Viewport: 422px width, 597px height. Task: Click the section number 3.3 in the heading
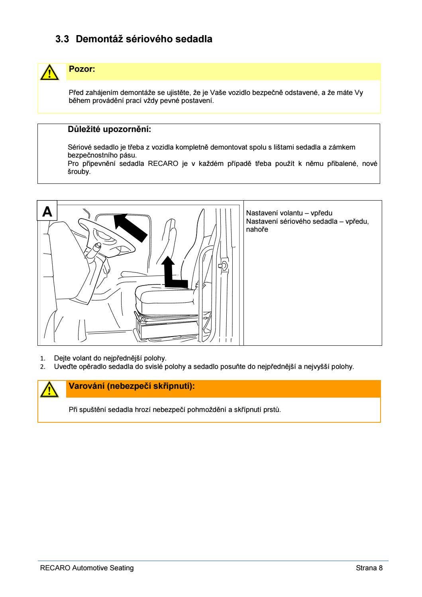click(x=62, y=39)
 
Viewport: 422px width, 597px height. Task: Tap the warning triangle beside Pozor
click(x=48, y=73)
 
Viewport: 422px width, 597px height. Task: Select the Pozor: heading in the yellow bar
click(x=82, y=69)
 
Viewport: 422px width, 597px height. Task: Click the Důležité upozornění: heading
click(x=110, y=130)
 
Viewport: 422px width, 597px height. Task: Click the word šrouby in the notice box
click(x=79, y=172)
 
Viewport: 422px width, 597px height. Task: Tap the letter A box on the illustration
click(x=47, y=211)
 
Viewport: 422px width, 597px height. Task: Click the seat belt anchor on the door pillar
click(x=224, y=265)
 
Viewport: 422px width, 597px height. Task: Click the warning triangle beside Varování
click(x=48, y=389)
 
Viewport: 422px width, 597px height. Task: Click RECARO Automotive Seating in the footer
click(x=87, y=568)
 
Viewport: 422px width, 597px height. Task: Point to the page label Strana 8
click(x=369, y=568)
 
